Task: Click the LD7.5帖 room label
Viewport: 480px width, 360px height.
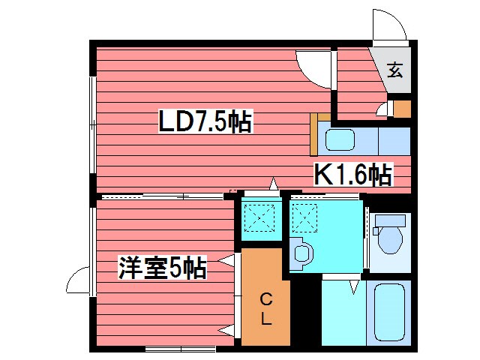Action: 205,121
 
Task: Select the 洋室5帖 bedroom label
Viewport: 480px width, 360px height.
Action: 161,268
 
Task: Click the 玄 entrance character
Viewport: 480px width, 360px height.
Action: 394,71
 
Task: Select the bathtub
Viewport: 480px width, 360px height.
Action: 390,311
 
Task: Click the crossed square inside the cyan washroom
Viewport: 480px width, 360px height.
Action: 305,218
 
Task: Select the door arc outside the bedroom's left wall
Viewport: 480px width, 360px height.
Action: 77,281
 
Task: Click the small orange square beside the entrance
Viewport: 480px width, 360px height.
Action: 403,109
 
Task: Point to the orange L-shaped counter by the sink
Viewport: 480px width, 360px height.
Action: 315,131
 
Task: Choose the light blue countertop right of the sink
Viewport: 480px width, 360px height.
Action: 394,140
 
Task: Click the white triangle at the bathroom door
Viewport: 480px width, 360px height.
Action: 355,286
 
